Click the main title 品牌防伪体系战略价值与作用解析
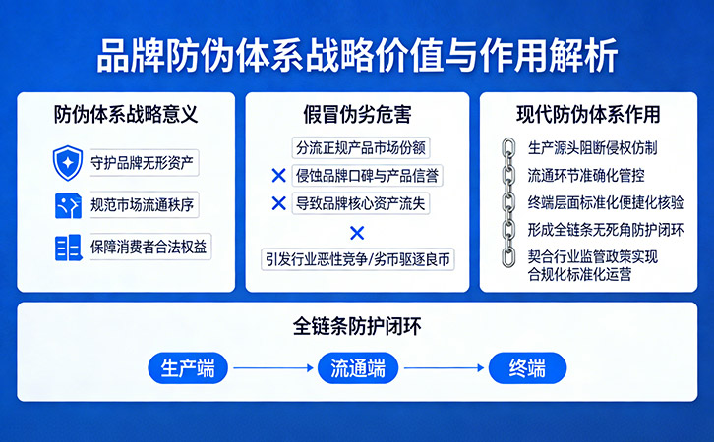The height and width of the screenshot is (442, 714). click(x=357, y=55)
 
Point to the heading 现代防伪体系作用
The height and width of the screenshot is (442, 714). click(x=588, y=114)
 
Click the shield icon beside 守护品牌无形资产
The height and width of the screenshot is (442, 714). click(x=68, y=160)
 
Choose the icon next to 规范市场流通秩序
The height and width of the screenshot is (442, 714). click(x=68, y=204)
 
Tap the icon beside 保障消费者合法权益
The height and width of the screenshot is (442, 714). click(x=68, y=247)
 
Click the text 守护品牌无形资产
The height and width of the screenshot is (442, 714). click(x=143, y=161)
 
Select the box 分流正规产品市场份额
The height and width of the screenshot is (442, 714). click(x=362, y=148)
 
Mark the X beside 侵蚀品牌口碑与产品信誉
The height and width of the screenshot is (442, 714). click(x=278, y=177)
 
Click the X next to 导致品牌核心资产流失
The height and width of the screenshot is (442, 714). click(x=278, y=204)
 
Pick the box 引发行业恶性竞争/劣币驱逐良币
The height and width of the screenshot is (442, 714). click(x=358, y=260)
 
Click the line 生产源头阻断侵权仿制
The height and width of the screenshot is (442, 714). click(x=592, y=148)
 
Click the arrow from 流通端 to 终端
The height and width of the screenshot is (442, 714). click(x=443, y=369)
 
